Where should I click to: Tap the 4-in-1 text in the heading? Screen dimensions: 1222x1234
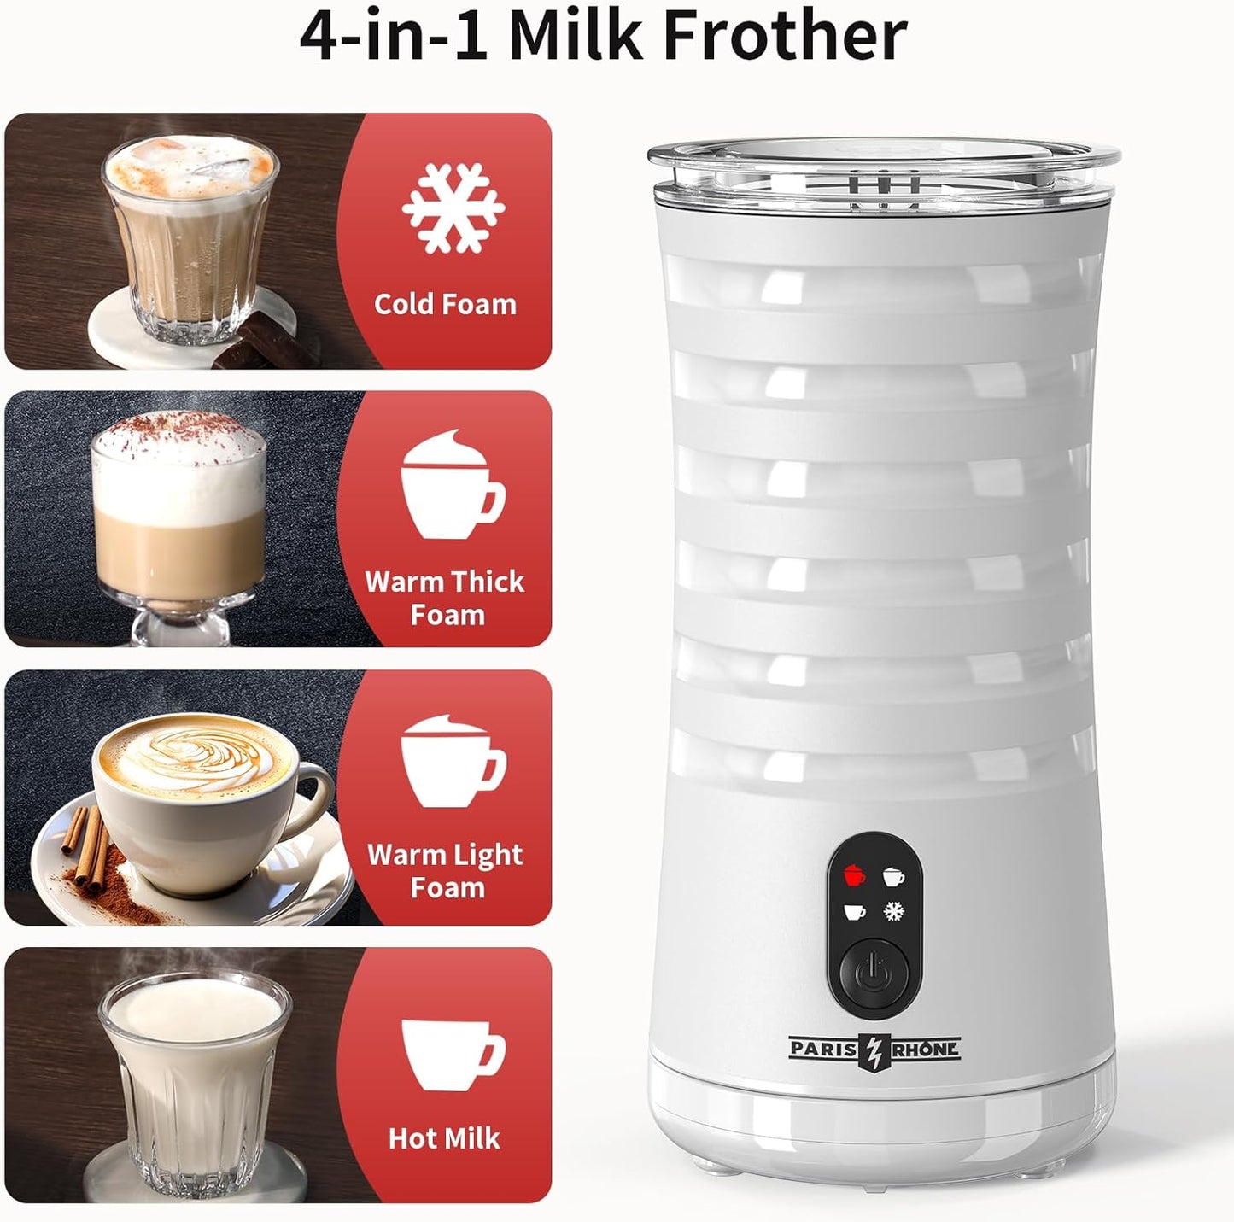[394, 36]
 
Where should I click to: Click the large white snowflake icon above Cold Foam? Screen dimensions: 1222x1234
[453, 208]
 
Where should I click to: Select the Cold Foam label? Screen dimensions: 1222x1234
[445, 304]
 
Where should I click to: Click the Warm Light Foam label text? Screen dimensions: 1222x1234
[445, 870]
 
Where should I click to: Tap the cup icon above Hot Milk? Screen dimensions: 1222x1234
[452, 1054]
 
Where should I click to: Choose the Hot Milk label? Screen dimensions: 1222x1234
[444, 1138]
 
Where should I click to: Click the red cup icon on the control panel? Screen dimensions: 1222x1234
[853, 875]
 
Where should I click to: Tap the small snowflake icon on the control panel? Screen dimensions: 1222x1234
[893, 911]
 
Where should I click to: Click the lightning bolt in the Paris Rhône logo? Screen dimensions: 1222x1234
[874, 1050]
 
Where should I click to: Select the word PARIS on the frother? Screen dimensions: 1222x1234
[823, 1049]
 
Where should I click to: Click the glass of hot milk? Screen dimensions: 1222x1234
[195, 1079]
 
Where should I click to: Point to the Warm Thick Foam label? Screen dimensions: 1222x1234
[445, 598]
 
